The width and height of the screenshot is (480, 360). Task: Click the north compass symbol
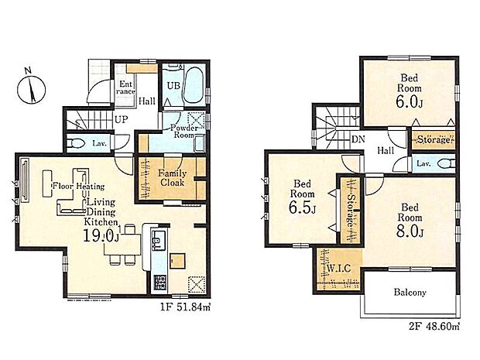pos(31,89)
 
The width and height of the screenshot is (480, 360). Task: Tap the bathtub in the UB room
pos(194,85)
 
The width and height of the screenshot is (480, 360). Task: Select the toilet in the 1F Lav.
pos(77,143)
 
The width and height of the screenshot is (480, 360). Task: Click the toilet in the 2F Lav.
pos(446,164)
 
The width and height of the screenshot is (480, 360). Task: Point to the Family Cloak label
pos(172,178)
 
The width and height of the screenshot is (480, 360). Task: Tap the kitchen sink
pos(159,240)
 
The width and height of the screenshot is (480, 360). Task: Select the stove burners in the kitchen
pos(159,283)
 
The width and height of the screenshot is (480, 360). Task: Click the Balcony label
pos(410,293)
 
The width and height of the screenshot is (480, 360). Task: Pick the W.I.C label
pos(338,269)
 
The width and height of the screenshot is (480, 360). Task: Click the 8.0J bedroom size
pos(410,231)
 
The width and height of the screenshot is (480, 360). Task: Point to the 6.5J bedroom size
pos(302,207)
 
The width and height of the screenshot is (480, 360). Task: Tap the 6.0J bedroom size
pos(409,102)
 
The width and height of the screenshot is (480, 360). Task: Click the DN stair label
pos(358,139)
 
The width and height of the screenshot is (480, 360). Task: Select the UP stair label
pos(122,119)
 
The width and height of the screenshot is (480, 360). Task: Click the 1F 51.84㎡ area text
pos(186,307)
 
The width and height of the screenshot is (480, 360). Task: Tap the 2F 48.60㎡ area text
pos(434,327)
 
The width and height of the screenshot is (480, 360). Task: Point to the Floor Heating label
pos(79,186)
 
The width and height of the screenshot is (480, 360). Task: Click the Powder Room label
pos(184,131)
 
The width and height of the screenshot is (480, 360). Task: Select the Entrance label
pos(126,87)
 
